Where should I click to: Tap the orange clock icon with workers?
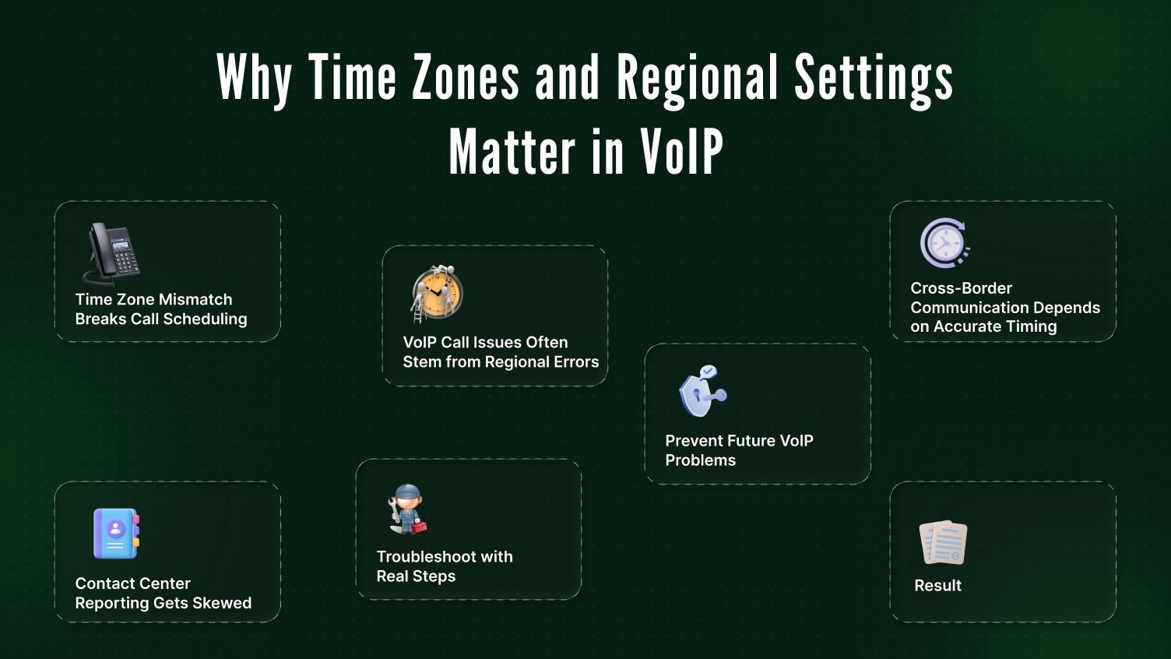click(x=437, y=293)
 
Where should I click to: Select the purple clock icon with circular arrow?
click(x=944, y=243)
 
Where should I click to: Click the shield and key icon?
click(x=702, y=391)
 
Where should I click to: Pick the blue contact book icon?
click(x=116, y=534)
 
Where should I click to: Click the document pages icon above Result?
click(x=943, y=542)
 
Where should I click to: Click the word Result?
click(x=937, y=586)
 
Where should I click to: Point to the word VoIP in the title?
click(x=682, y=152)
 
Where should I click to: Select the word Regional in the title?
click(x=697, y=79)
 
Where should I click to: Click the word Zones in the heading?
click(x=466, y=79)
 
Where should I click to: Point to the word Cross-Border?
click(x=961, y=288)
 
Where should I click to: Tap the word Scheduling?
click(x=205, y=319)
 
